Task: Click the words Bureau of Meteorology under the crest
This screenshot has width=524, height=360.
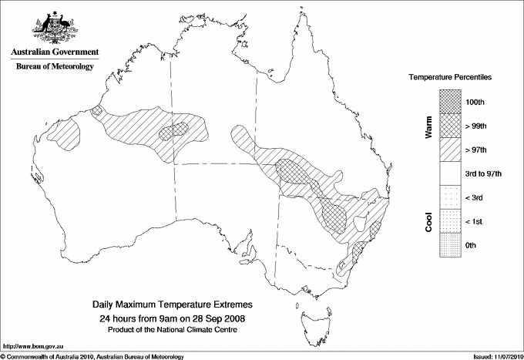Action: pyautogui.click(x=55, y=66)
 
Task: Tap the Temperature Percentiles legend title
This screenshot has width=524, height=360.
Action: pyautogui.click(x=450, y=79)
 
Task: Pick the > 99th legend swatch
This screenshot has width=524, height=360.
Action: pyautogui.click(x=452, y=126)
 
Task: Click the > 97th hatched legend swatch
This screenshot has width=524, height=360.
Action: pyautogui.click(x=452, y=150)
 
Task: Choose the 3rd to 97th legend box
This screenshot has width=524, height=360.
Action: pyautogui.click(x=452, y=173)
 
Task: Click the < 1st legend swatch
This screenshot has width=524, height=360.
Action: pyautogui.click(x=452, y=221)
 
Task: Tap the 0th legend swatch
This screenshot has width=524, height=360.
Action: pyautogui.click(x=452, y=245)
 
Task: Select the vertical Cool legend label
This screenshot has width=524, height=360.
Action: pyautogui.click(x=428, y=221)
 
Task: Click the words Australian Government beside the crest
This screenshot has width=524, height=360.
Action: pyautogui.click(x=55, y=52)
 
